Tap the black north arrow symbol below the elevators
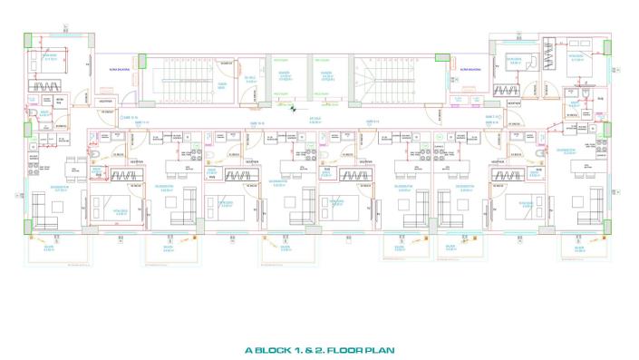point(293,108)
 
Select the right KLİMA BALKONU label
point(469,68)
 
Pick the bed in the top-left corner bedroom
point(44,62)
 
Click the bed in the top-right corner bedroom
point(575,62)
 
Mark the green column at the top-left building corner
point(27,38)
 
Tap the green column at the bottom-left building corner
point(27,229)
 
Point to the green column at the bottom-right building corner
point(605,229)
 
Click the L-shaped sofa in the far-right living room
point(589,204)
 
